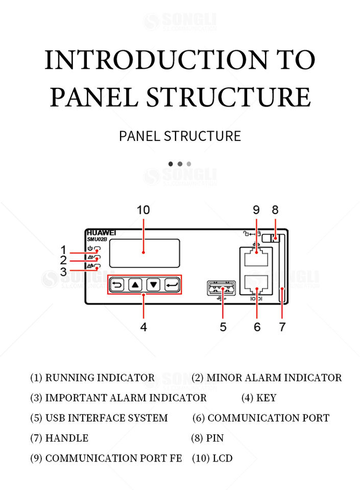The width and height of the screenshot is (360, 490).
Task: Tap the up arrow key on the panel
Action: coord(135,285)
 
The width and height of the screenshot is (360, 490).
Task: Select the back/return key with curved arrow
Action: coord(117,285)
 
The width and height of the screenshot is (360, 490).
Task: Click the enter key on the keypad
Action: coord(172,285)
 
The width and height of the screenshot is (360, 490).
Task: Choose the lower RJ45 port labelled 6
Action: coord(256,285)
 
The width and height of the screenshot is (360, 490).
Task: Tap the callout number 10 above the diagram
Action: coord(143,210)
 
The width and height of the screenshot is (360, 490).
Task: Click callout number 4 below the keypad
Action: coord(143,327)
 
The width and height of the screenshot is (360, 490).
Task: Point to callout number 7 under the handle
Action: coord(282,327)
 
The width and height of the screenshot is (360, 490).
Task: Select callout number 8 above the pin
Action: coord(275,210)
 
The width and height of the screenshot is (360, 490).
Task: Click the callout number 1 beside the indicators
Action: coord(64,250)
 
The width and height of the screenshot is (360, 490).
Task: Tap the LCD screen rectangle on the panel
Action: coord(145,253)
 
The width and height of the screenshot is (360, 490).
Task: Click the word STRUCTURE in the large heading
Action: coord(229,97)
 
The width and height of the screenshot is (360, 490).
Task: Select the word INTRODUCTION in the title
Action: coord(156,60)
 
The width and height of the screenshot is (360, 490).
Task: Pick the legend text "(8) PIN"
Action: coord(207,438)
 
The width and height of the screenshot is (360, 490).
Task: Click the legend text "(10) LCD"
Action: coord(212,458)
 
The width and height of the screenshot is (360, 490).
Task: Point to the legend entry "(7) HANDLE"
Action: coord(59,438)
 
